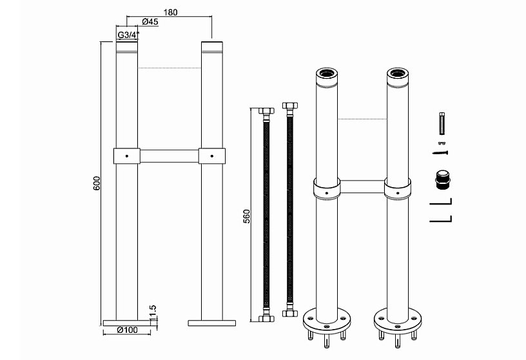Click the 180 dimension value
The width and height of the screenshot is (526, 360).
pos(170,12)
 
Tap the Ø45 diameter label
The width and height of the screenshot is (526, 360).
pos(150,22)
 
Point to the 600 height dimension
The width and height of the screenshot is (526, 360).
pos(97,183)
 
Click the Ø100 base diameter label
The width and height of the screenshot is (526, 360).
pos(127,330)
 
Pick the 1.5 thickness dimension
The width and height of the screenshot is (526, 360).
pos(153,312)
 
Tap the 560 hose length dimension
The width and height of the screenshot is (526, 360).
pos(246,217)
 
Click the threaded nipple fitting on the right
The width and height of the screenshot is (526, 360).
pos(442,179)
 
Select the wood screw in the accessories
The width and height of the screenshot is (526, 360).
pos(440,153)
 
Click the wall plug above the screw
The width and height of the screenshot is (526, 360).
pos(442,124)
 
